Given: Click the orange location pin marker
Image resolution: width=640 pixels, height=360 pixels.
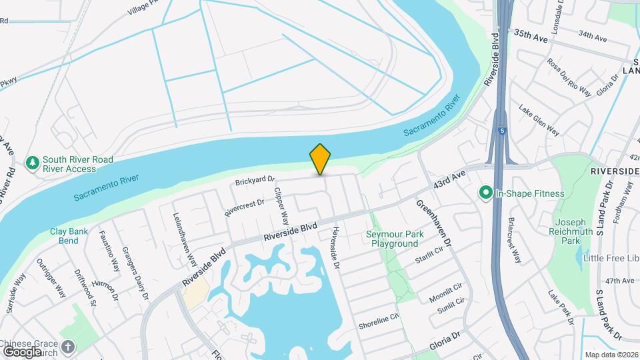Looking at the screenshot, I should (320, 159).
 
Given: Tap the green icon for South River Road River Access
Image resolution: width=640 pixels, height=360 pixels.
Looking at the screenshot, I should (32, 163).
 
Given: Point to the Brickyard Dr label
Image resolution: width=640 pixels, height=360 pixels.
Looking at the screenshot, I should (255, 181).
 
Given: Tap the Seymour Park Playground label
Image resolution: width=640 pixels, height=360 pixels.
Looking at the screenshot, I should (395, 239).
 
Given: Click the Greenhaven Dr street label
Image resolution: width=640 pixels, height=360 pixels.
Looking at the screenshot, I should (435, 221).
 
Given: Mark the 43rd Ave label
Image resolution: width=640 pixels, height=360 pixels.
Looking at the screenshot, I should (449, 181).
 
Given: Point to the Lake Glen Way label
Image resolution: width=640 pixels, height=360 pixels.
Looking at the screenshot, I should (539, 120).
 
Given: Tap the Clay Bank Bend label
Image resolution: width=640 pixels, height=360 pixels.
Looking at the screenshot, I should (64, 236).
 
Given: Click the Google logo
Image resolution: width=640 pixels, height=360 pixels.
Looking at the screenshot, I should (23, 351).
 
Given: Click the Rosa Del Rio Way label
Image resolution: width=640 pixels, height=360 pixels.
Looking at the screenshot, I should (569, 77).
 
